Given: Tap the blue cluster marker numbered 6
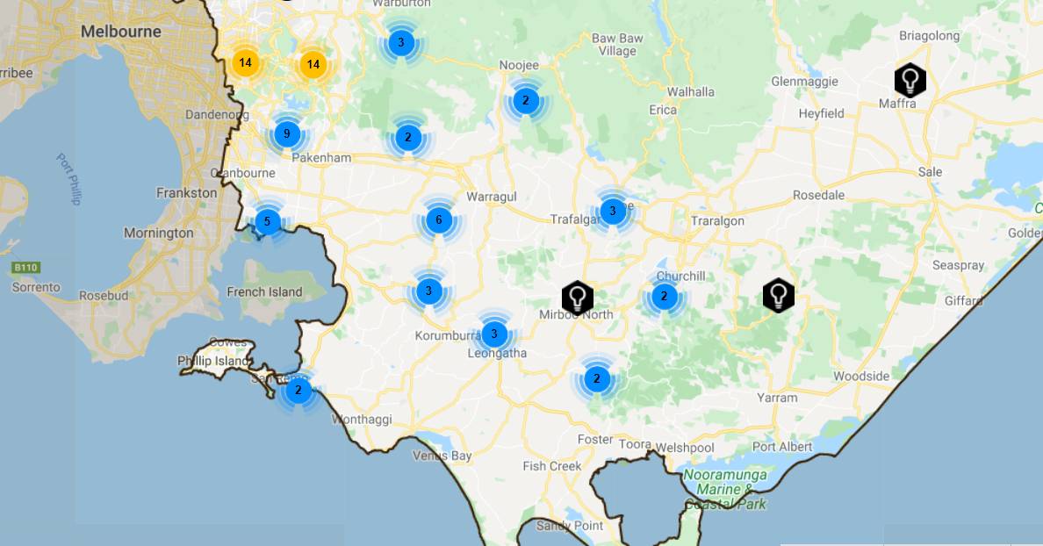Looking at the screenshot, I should [439, 219].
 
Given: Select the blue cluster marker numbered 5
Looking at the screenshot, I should [267, 221].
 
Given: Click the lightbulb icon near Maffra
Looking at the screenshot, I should [910, 80].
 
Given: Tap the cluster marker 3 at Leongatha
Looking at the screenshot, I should [494, 334].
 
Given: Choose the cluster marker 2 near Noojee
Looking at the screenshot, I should [525, 100].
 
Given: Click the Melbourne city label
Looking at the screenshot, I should [121, 32].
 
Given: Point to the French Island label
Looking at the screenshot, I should [264, 292].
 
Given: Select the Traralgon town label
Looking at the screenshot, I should [717, 221].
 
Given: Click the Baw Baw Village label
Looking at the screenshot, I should [617, 45].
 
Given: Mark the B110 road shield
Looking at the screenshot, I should [26, 267].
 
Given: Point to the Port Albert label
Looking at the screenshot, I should [782, 446].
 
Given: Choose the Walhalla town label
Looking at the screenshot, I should [691, 91].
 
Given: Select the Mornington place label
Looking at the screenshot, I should [159, 233].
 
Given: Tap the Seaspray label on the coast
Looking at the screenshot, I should [958, 265].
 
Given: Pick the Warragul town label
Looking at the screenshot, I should [492, 196].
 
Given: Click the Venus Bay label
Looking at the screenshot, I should [442, 456].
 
